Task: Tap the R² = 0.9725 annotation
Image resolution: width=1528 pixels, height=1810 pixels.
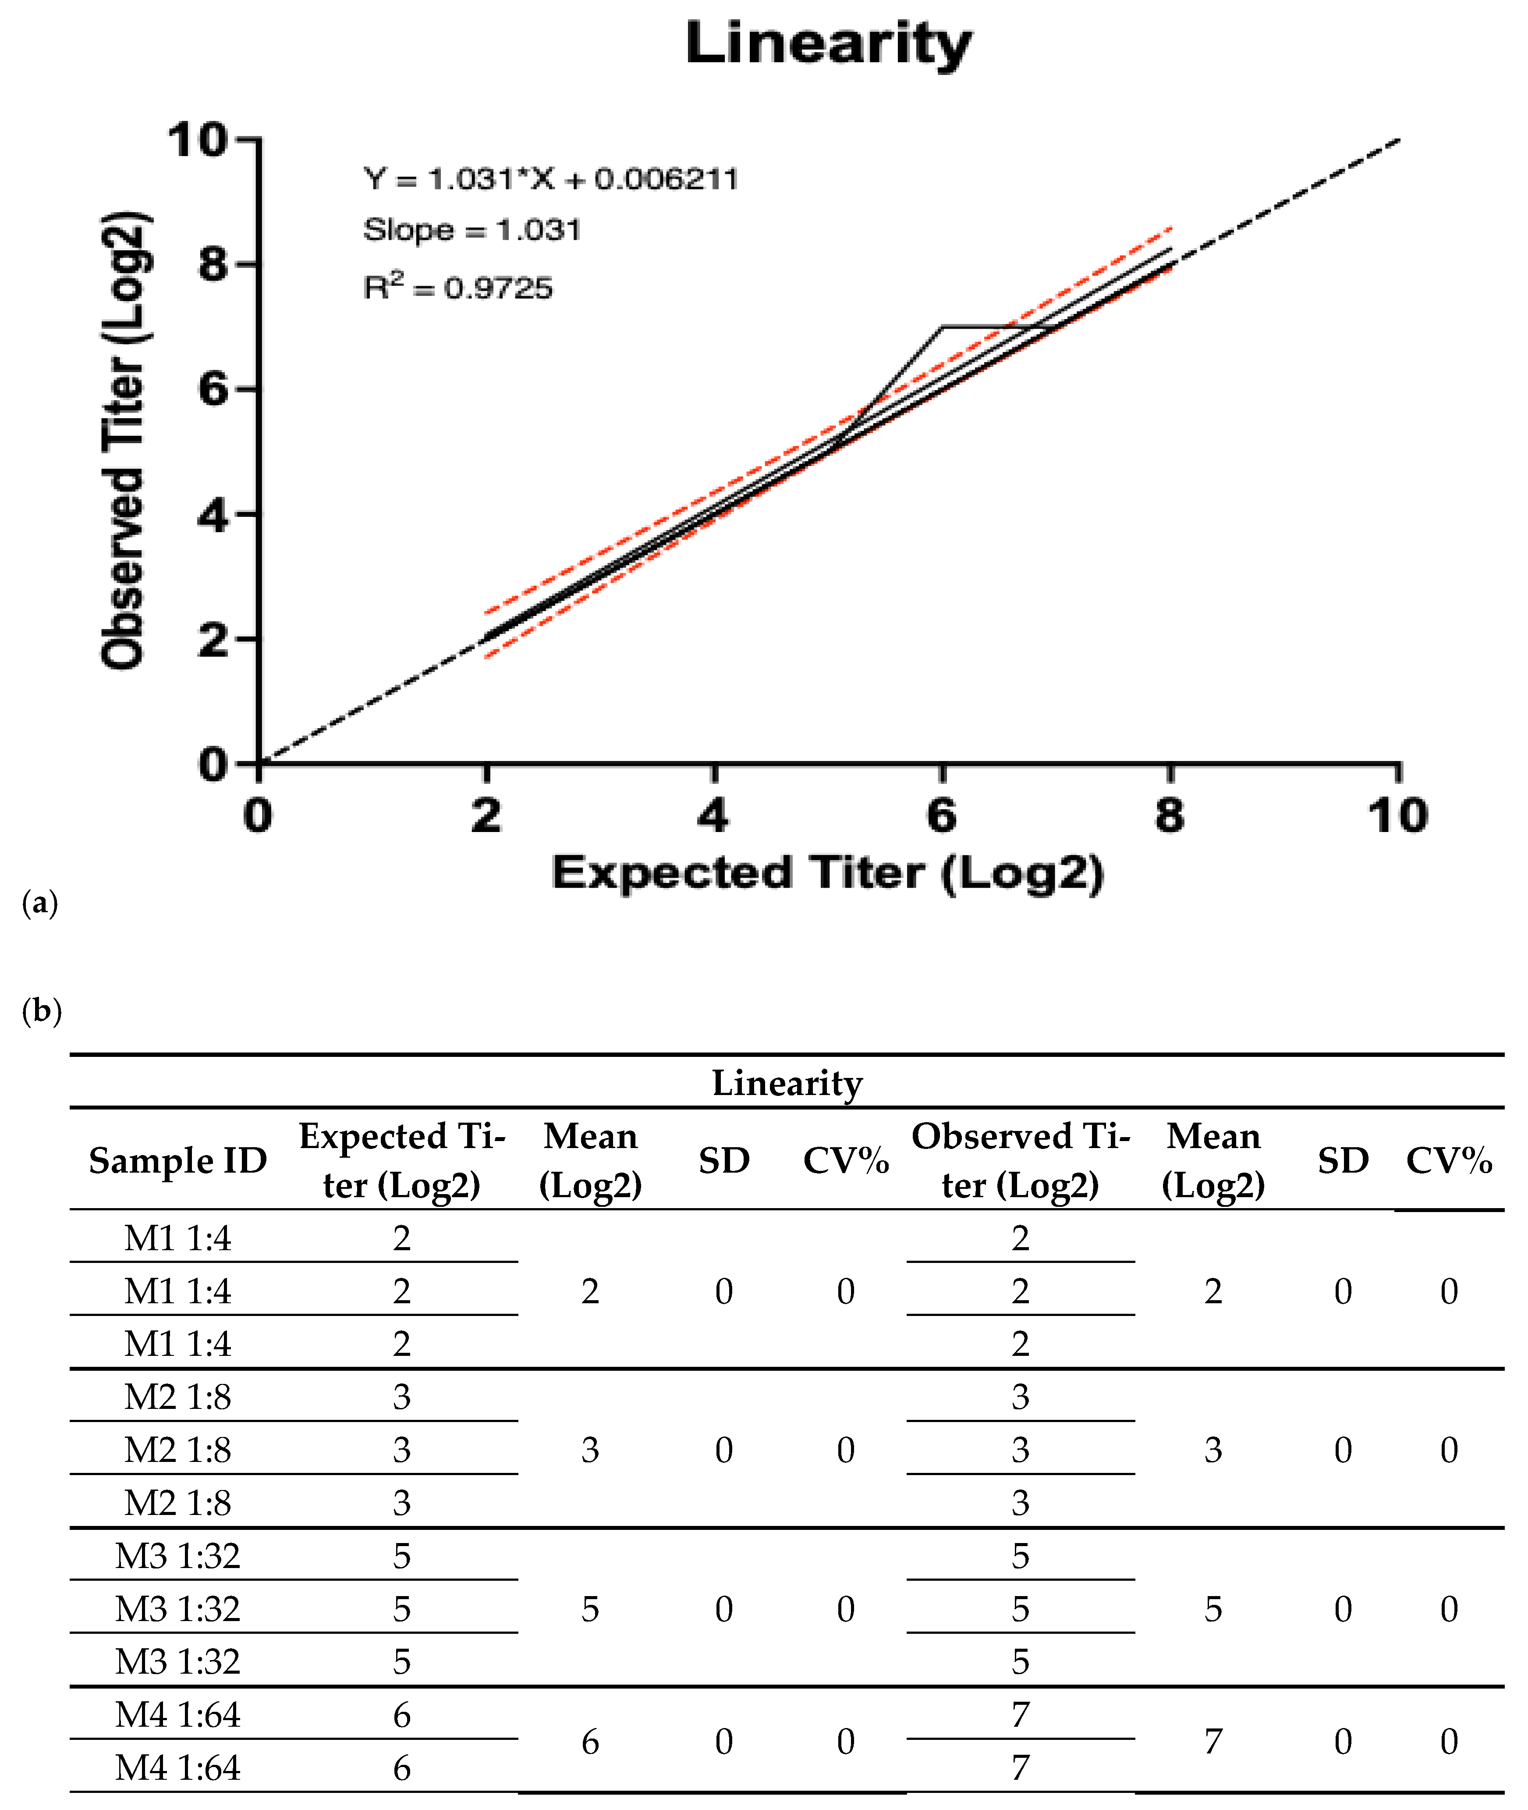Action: point(457,286)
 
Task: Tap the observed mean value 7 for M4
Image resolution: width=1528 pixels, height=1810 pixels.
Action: point(1212,1742)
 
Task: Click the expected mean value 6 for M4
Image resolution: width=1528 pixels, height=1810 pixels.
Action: point(590,1742)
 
